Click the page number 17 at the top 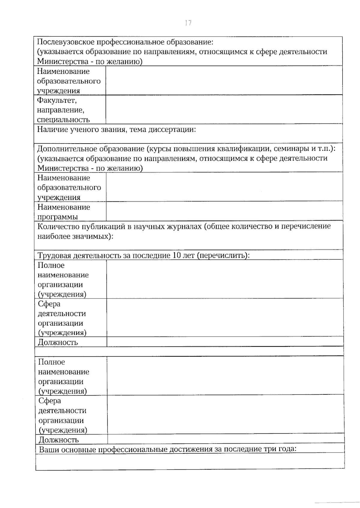click(188, 23)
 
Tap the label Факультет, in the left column click(57, 100)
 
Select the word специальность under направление click(63, 120)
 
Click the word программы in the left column click(58, 217)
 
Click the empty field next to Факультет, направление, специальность click(224, 109)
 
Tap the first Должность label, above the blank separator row click(58, 342)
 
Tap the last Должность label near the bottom click(59, 440)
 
